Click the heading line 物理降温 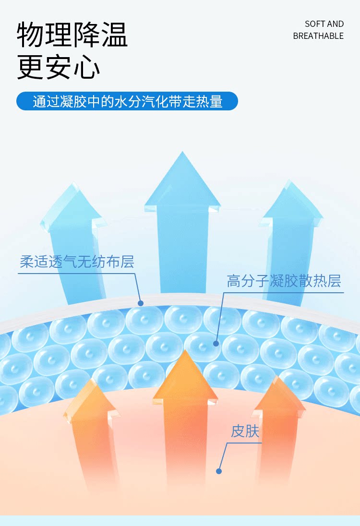(72, 35)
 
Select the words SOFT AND (324, 24)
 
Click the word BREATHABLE (318, 36)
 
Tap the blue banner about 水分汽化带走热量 (127, 101)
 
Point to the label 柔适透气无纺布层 (77, 262)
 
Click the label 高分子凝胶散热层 (284, 281)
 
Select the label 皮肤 (245, 431)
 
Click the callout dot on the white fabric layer (141, 303)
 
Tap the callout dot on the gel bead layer (216, 343)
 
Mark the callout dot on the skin (219, 471)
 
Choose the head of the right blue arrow (291, 204)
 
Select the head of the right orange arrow (279, 396)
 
